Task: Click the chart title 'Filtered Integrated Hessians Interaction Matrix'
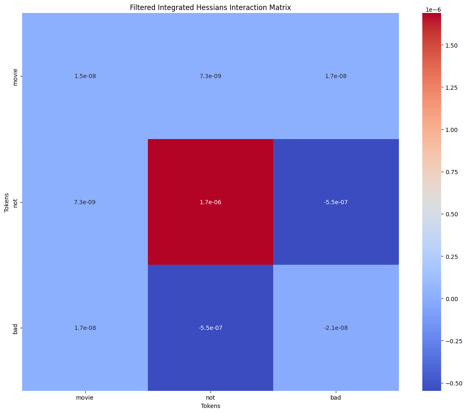pos(210,8)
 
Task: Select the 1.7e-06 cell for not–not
pos(210,202)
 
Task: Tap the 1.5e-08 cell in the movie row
pos(84,76)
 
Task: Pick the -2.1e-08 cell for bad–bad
pos(336,328)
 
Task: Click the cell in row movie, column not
pos(210,76)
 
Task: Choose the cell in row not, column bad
pos(336,202)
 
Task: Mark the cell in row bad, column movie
pos(84,328)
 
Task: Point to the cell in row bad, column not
pos(210,328)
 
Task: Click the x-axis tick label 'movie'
pos(84,398)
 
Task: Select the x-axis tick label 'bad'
pos(336,398)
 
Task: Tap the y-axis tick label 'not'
pos(15,202)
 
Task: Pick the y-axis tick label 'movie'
pos(15,76)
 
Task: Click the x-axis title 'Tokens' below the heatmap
pos(210,406)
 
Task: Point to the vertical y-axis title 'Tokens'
pos(7,202)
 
